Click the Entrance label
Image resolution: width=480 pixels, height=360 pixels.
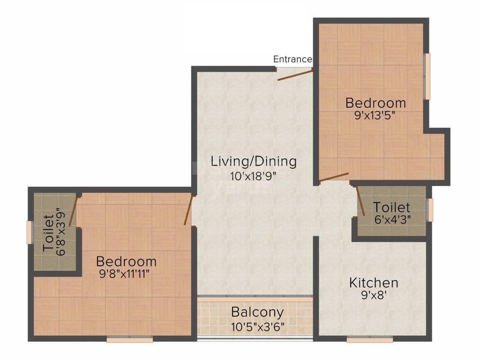pos(292,59)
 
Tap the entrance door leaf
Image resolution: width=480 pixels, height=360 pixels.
pos(295,75)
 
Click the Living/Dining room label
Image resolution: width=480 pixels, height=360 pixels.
pos(254,162)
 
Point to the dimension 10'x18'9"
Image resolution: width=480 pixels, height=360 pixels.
pos(254,176)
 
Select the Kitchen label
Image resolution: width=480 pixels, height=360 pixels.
pos(374,283)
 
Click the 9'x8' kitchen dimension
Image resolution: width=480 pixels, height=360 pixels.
pos(374,296)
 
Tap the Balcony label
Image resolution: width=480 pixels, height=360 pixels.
pos(257,312)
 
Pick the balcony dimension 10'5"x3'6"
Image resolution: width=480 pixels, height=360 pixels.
pos(257,326)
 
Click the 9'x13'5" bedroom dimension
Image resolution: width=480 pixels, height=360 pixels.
pos(375,115)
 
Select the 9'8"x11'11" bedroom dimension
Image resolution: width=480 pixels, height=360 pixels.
pos(126,274)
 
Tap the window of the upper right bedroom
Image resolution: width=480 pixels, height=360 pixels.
pos(427,76)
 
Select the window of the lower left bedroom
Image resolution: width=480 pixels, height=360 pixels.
pos(124,339)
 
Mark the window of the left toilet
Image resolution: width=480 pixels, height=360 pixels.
pos(29,232)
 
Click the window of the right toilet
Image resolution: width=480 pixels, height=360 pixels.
pos(430,209)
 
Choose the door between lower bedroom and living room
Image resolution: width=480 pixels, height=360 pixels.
pos(188,210)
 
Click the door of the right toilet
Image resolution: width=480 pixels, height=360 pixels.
pos(361,201)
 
